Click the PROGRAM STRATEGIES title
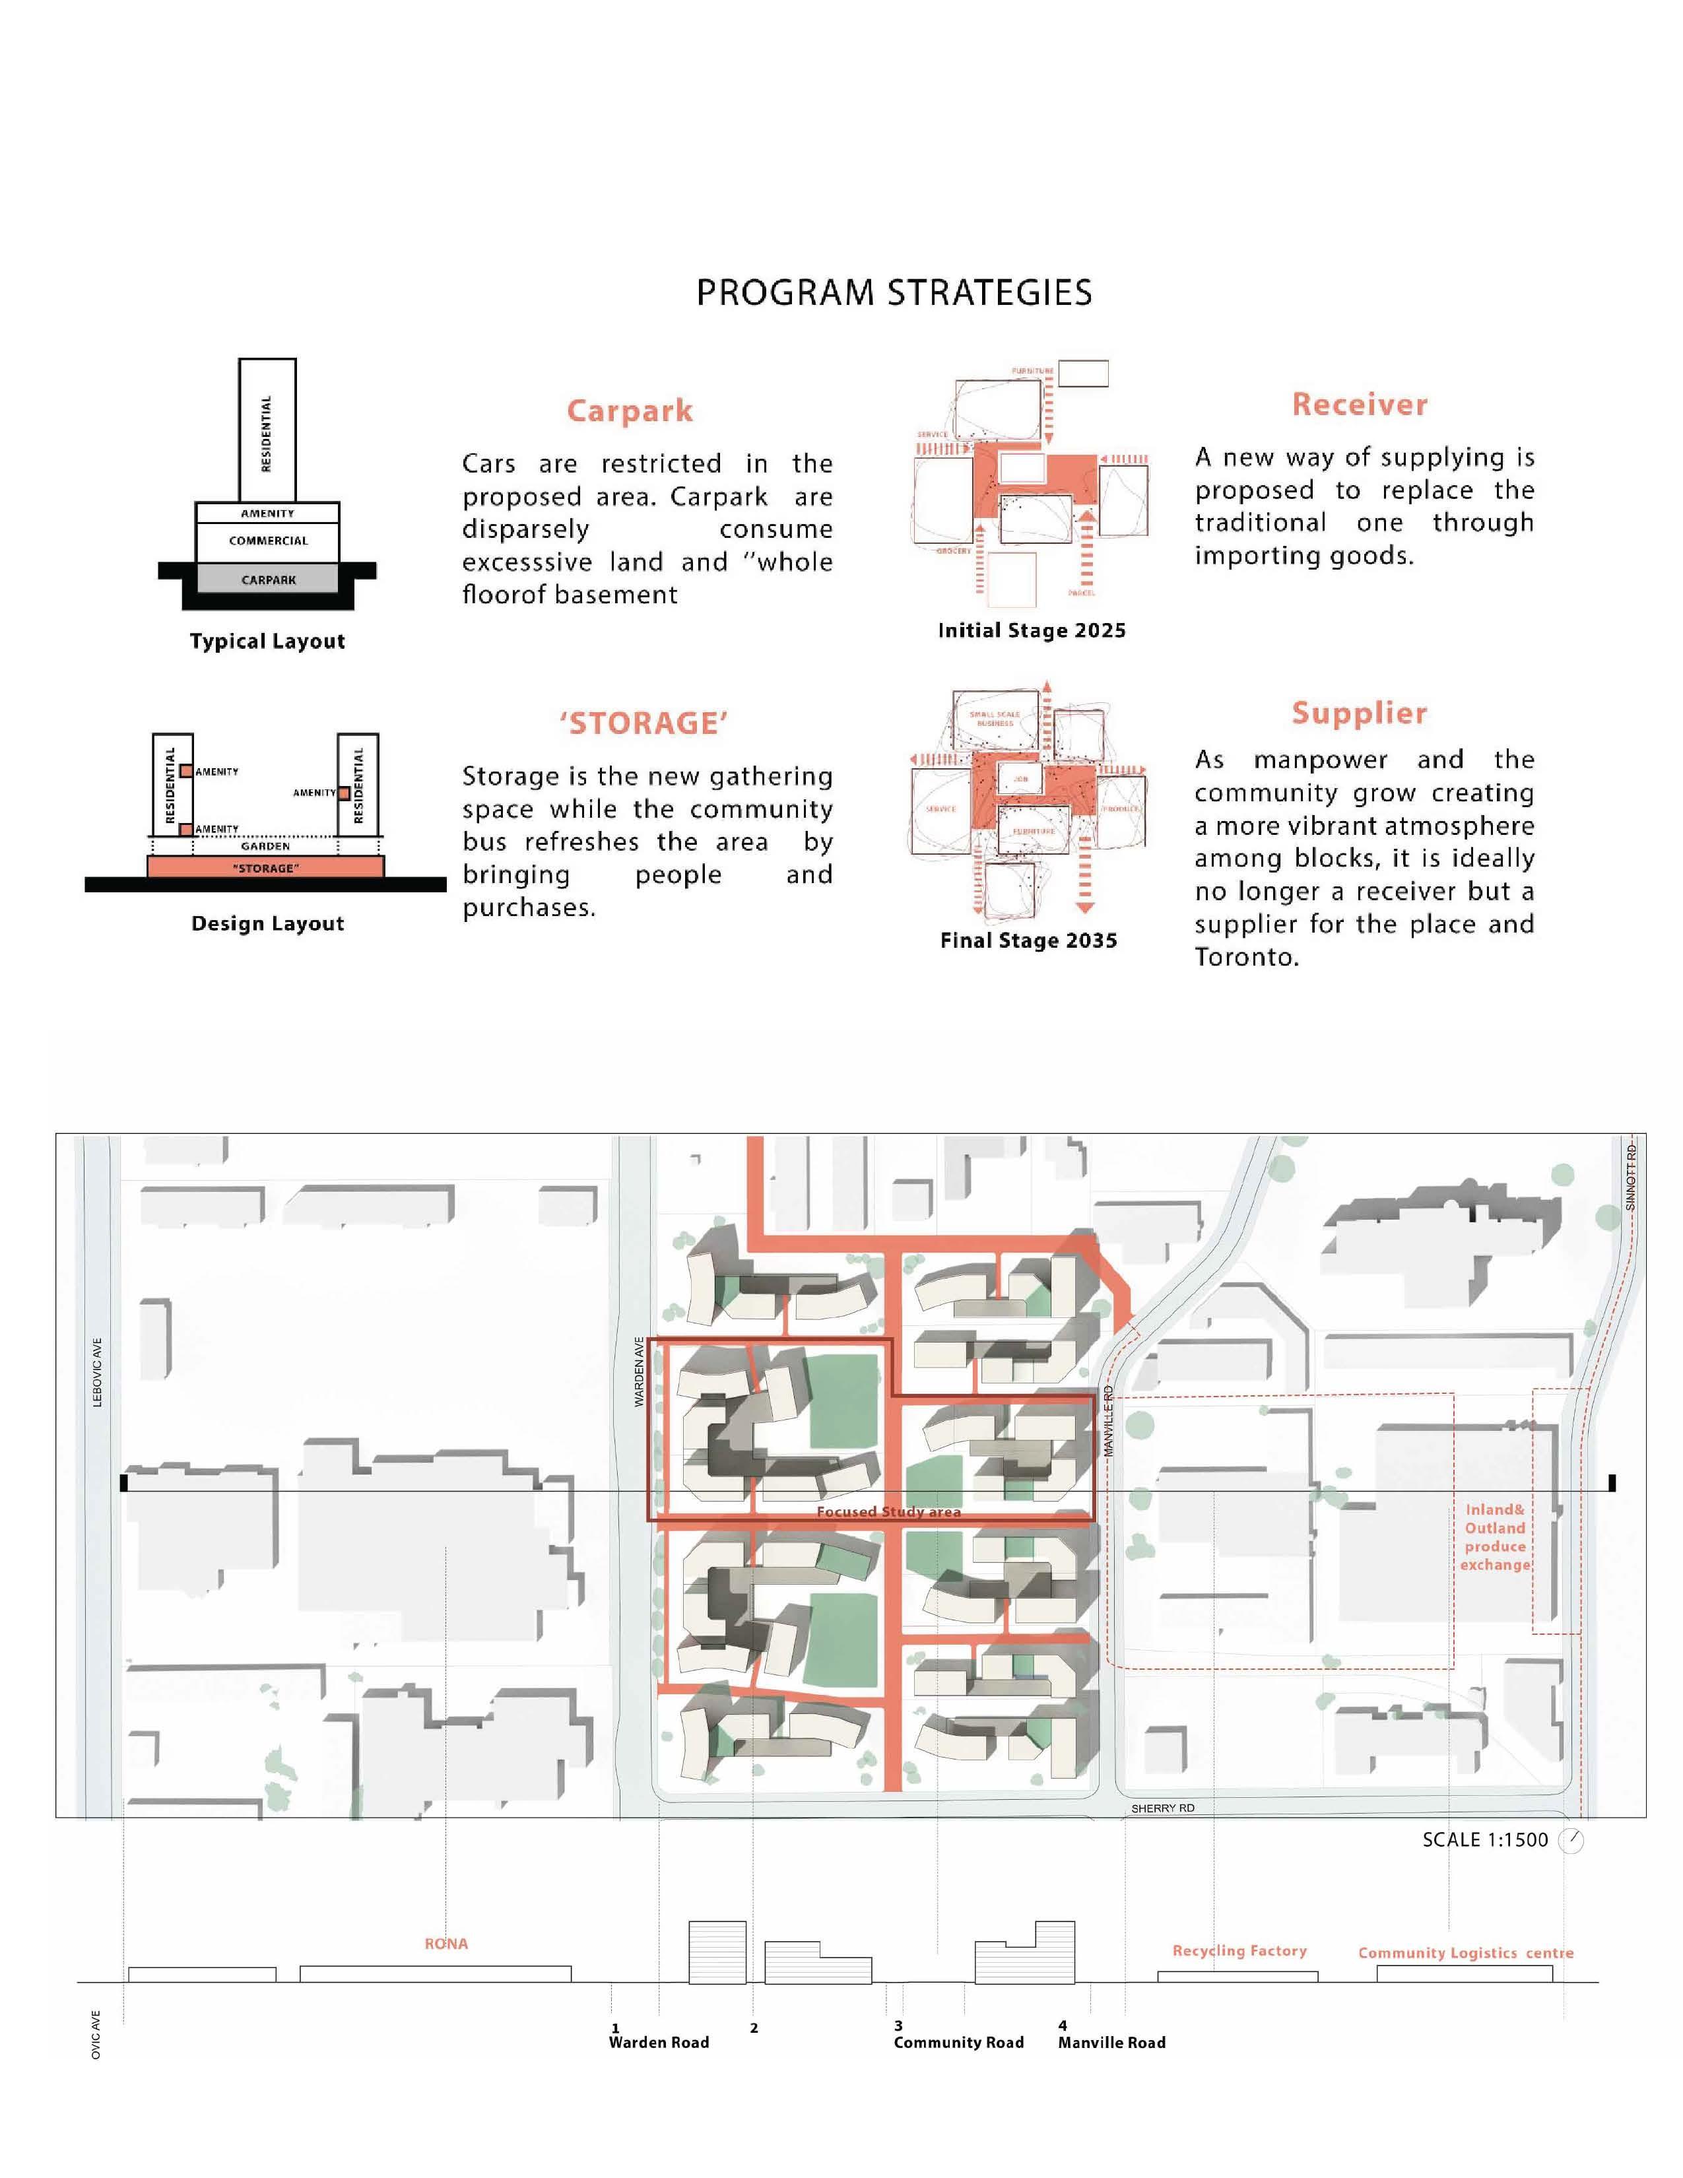tap(894, 292)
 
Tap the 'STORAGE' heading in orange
tap(643, 723)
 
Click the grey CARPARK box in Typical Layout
tap(267, 579)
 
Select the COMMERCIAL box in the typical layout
tap(267, 541)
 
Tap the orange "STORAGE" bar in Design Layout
tap(265, 868)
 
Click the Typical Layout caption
tap(267, 642)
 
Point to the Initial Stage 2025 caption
tap(1031, 630)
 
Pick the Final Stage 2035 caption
tap(1028, 940)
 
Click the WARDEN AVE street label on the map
tap(639, 1371)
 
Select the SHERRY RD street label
tap(1162, 1808)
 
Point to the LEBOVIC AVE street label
tap(97, 1371)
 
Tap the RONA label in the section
tap(445, 1944)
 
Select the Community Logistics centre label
tap(1465, 1953)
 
